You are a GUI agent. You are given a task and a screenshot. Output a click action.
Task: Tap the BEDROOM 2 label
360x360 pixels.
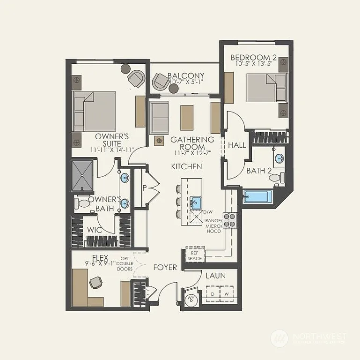[x=254, y=58]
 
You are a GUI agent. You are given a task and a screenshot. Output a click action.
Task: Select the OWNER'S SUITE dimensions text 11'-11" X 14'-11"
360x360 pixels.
[x=112, y=150]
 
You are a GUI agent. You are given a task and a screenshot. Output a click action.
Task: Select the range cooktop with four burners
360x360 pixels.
[x=229, y=220]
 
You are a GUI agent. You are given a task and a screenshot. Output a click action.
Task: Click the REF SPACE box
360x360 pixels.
[x=195, y=255]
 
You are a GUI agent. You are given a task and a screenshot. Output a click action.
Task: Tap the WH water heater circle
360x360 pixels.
[x=191, y=298]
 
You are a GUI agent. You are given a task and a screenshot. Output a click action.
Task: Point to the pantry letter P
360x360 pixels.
[x=144, y=187]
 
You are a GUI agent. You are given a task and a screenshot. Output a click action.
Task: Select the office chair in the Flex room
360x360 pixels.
[x=96, y=283]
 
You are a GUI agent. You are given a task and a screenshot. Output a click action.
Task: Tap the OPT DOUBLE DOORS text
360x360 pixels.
[x=125, y=264]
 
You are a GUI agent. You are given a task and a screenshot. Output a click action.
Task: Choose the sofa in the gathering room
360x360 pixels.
[x=159, y=117]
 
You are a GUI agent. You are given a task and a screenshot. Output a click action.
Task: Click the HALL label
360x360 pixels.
[x=237, y=145]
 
